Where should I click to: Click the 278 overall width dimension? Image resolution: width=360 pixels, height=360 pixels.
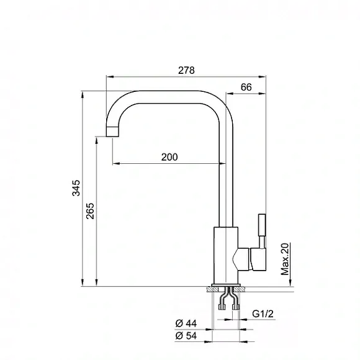click(x=186, y=70)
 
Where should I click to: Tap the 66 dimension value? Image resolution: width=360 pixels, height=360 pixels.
click(x=246, y=88)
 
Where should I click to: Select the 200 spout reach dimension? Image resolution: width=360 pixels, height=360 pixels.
click(x=169, y=157)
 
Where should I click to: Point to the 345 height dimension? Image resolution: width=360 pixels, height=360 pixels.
click(x=76, y=188)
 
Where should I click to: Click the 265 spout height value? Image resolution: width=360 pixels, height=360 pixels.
click(x=90, y=211)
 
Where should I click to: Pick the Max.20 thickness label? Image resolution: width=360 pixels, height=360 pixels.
click(x=285, y=259)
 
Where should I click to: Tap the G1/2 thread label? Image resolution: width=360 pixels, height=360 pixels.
click(x=263, y=313)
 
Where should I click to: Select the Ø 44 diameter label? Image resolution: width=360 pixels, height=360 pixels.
click(x=186, y=323)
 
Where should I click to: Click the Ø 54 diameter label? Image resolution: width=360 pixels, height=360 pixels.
click(x=186, y=336)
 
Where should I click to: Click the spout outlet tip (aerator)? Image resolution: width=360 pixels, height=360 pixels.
click(x=112, y=132)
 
